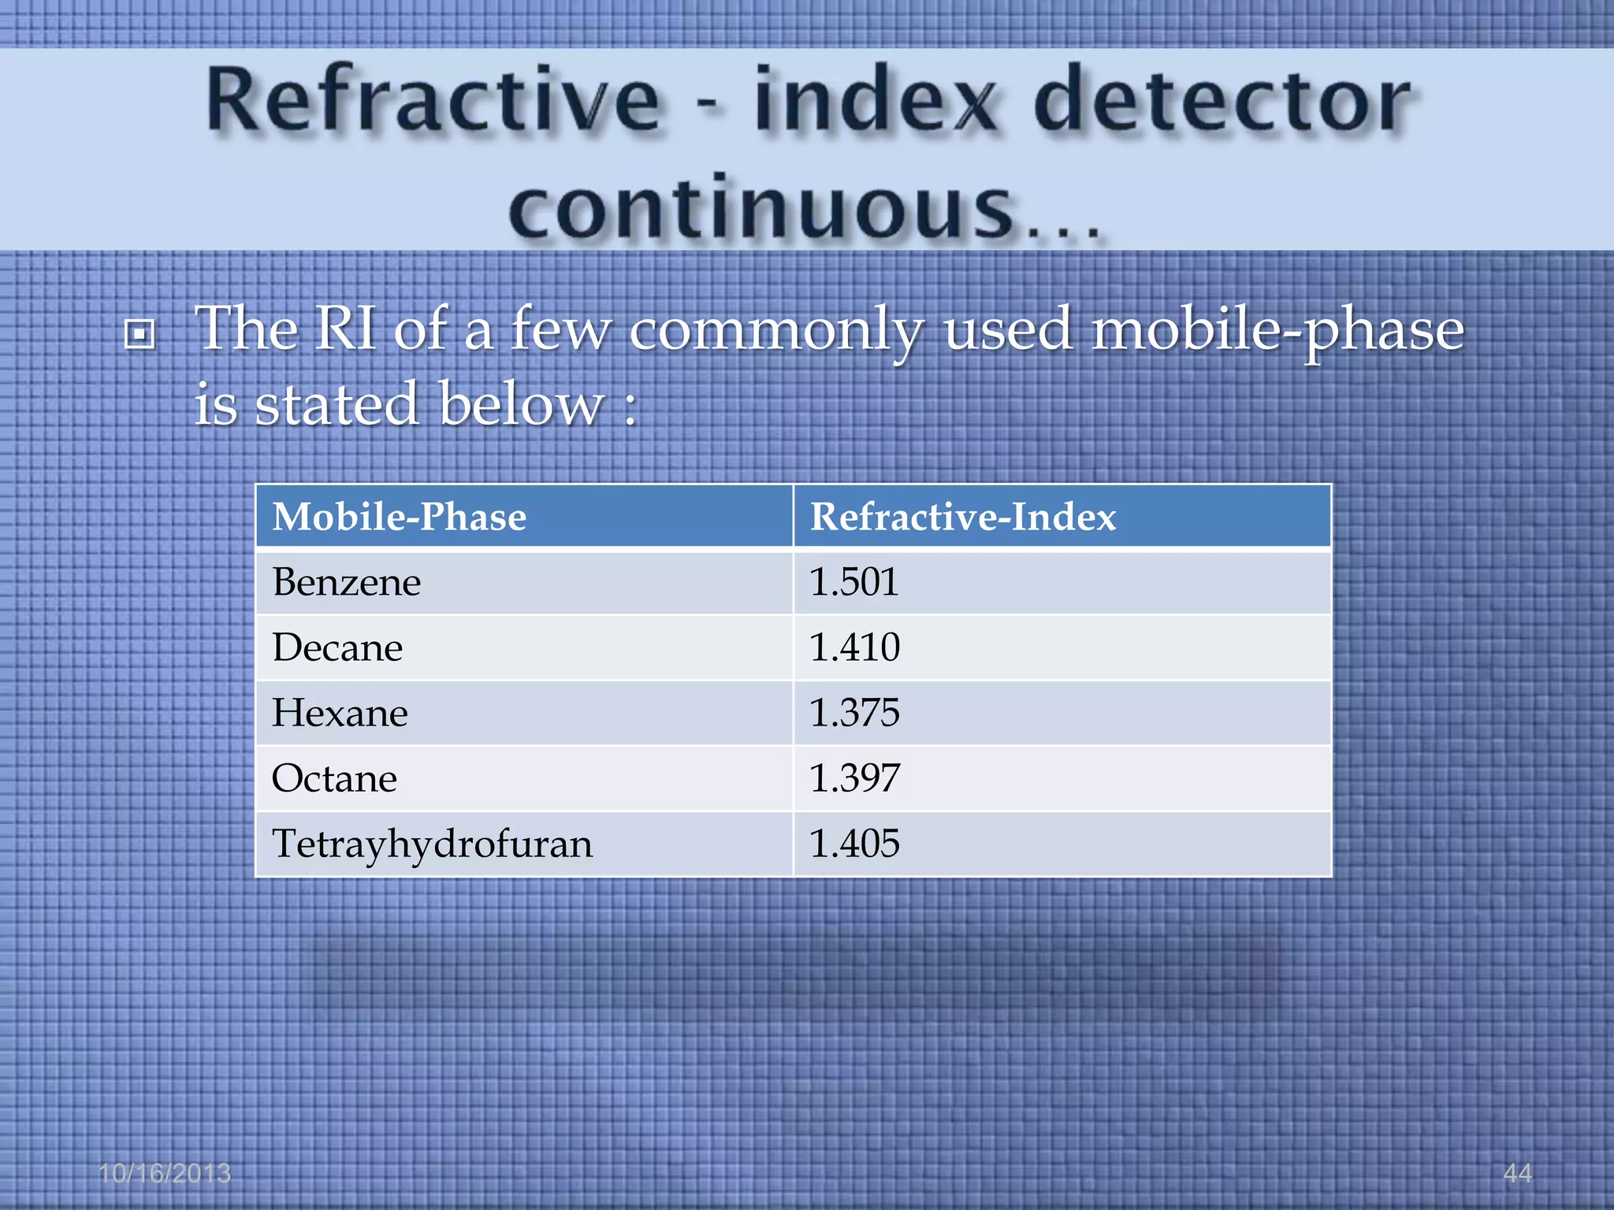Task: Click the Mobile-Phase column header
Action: click(x=399, y=518)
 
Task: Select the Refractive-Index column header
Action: click(x=963, y=518)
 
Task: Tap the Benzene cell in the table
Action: click(x=347, y=583)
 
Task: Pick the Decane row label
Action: click(x=337, y=648)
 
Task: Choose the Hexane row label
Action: click(x=340, y=714)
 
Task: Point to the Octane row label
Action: click(x=334, y=779)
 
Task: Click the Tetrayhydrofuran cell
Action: click(x=432, y=844)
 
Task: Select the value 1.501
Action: click(x=854, y=583)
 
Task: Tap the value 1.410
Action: click(x=854, y=648)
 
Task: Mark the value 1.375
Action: click(x=854, y=714)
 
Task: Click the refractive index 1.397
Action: click(x=854, y=779)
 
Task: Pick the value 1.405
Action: click(x=854, y=844)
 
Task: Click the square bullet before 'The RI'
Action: click(x=139, y=334)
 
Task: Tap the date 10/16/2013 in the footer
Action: click(x=165, y=1173)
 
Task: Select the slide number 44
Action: click(x=1517, y=1173)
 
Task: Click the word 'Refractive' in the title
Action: click(x=433, y=102)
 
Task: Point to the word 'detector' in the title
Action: click(x=1222, y=102)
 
